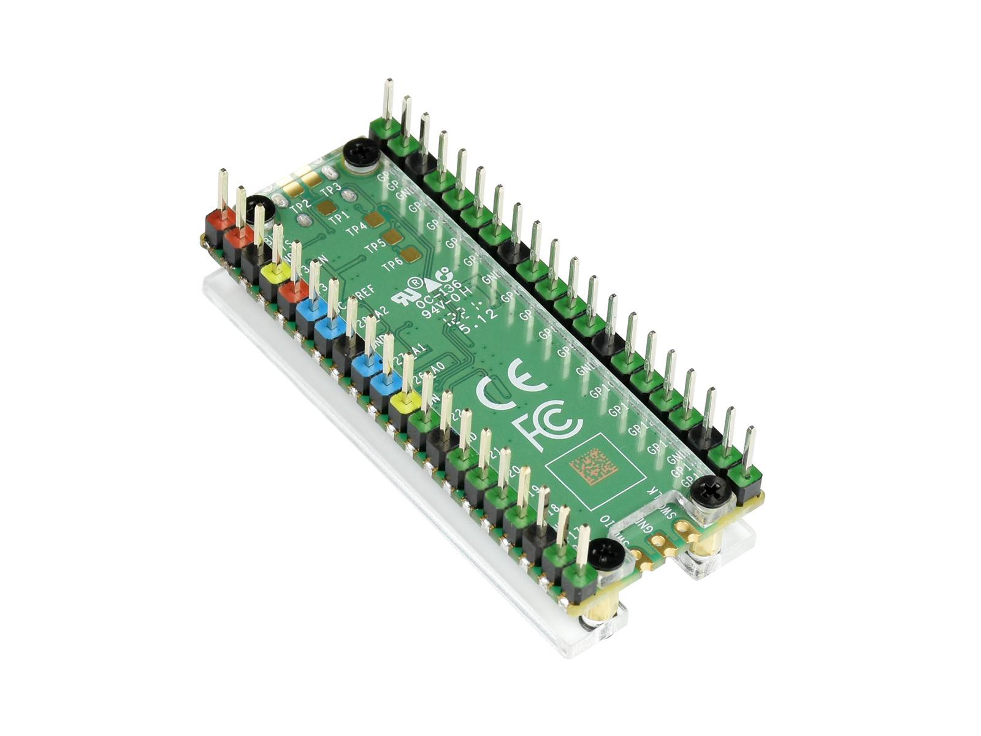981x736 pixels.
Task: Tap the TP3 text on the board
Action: point(331,187)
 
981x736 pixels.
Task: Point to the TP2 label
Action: point(300,207)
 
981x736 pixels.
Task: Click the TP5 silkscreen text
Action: point(375,247)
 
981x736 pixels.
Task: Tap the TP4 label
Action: point(357,230)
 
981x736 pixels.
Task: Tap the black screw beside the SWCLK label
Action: point(708,491)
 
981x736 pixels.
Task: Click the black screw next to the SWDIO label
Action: point(607,553)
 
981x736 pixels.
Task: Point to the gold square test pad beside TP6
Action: point(411,254)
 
